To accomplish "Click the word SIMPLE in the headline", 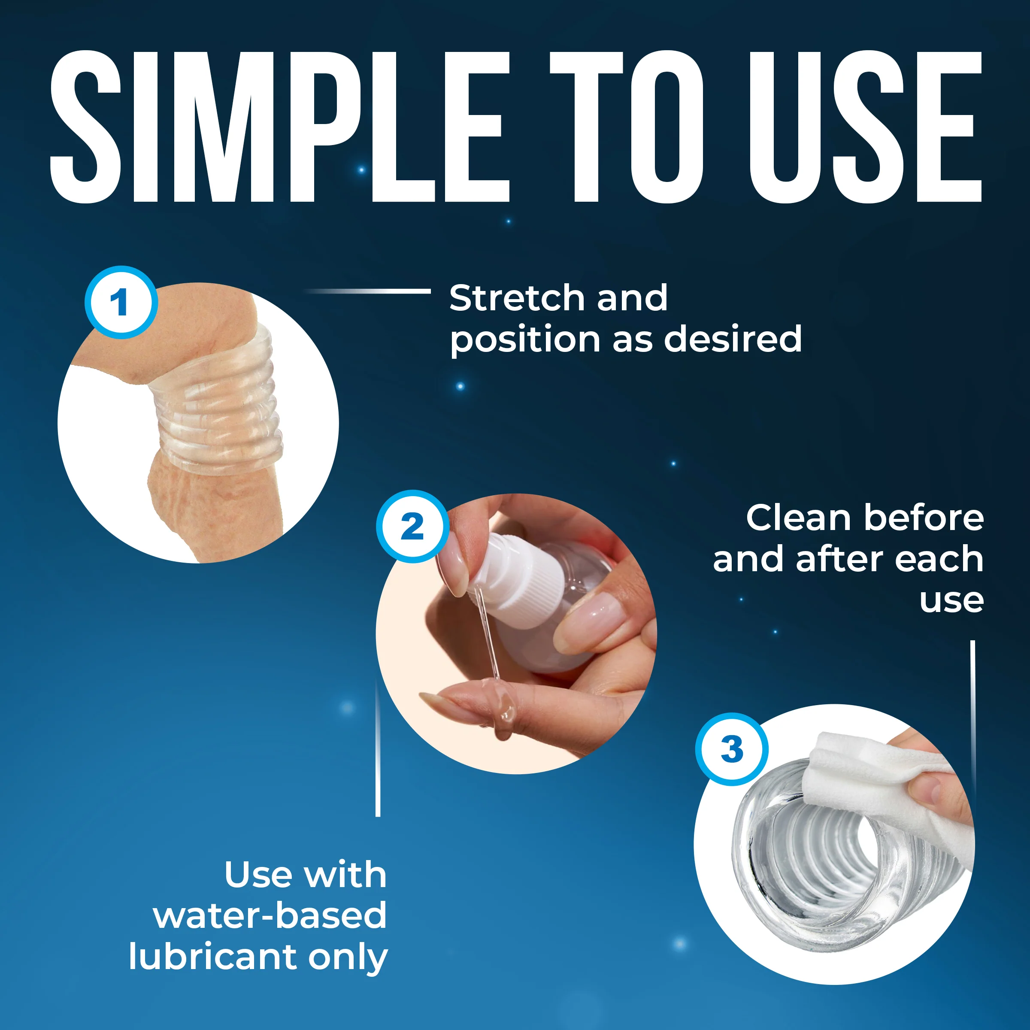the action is point(279,127).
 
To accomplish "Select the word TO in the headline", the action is point(627,127).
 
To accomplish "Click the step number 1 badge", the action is point(121,302).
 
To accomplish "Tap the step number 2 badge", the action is point(412,526).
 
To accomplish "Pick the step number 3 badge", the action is point(731,749).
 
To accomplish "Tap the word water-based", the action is point(270,915).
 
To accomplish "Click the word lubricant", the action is point(212,957).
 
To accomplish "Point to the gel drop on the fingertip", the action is point(504,711).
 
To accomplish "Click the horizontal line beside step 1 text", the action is point(367,291).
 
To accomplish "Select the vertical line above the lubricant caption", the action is point(378,748).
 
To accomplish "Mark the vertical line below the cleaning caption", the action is point(972,715).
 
